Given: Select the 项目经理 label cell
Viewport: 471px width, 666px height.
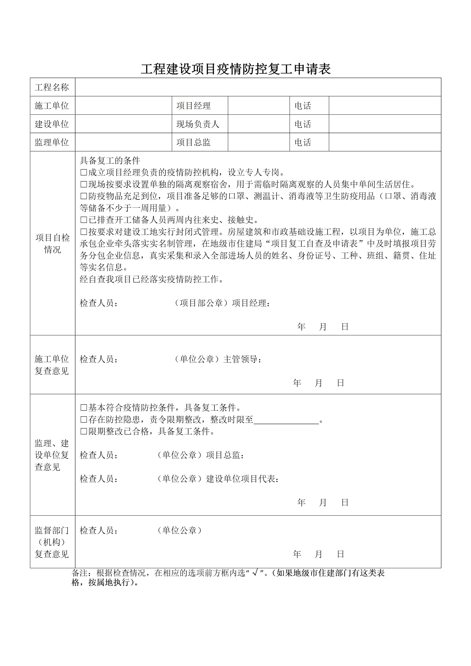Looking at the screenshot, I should (x=193, y=106).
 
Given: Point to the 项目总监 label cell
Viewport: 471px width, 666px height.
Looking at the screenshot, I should (x=193, y=142).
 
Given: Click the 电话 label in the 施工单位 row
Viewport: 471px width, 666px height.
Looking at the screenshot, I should (x=303, y=106).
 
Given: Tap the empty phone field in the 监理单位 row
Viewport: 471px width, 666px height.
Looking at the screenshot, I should (x=385, y=142).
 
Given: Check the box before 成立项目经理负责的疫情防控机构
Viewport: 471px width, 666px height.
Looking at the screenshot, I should (x=84, y=173).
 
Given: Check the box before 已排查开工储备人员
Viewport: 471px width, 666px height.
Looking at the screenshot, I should (x=84, y=220).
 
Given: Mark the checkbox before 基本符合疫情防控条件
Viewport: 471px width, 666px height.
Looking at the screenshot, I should (x=84, y=408).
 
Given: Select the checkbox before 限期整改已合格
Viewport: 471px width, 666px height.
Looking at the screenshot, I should (x=84, y=432).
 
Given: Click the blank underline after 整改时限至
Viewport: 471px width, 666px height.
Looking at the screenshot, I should (x=286, y=420).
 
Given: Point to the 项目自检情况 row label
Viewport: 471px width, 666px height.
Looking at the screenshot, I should (x=53, y=243).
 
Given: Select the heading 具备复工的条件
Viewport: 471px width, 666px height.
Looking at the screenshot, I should (x=110, y=161).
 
